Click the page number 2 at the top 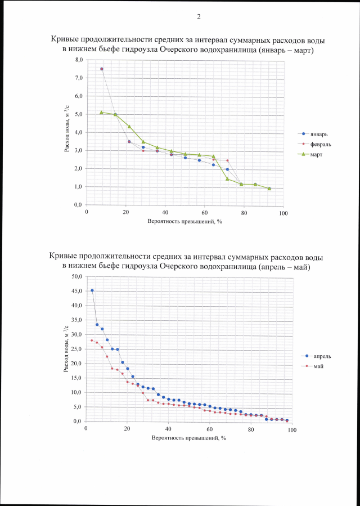(199, 16)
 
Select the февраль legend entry (319, 144)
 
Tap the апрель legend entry (319, 356)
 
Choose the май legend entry (316, 366)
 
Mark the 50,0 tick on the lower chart (76, 277)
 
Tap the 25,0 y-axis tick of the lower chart (76, 349)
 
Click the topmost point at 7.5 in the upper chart (102, 69)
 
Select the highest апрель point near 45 (92, 290)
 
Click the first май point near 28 (92, 341)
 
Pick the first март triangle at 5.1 (101, 112)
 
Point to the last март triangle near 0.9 (269, 189)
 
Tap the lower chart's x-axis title (184, 438)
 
